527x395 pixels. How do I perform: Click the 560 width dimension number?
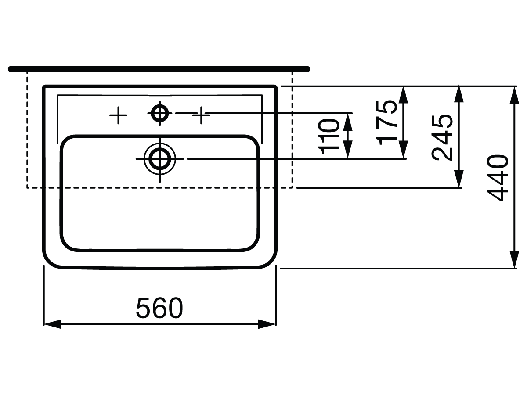point(159,308)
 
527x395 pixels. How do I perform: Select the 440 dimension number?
point(498,177)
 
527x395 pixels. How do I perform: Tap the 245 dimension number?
point(442,137)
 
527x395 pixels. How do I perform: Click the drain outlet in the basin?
point(160,158)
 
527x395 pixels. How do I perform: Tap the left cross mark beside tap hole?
point(118,115)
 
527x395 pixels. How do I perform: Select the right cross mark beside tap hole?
point(201,115)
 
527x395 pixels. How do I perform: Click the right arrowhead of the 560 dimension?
point(267,324)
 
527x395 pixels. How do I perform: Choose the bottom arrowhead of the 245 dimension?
point(458,179)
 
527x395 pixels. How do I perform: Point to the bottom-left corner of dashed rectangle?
point(27,188)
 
